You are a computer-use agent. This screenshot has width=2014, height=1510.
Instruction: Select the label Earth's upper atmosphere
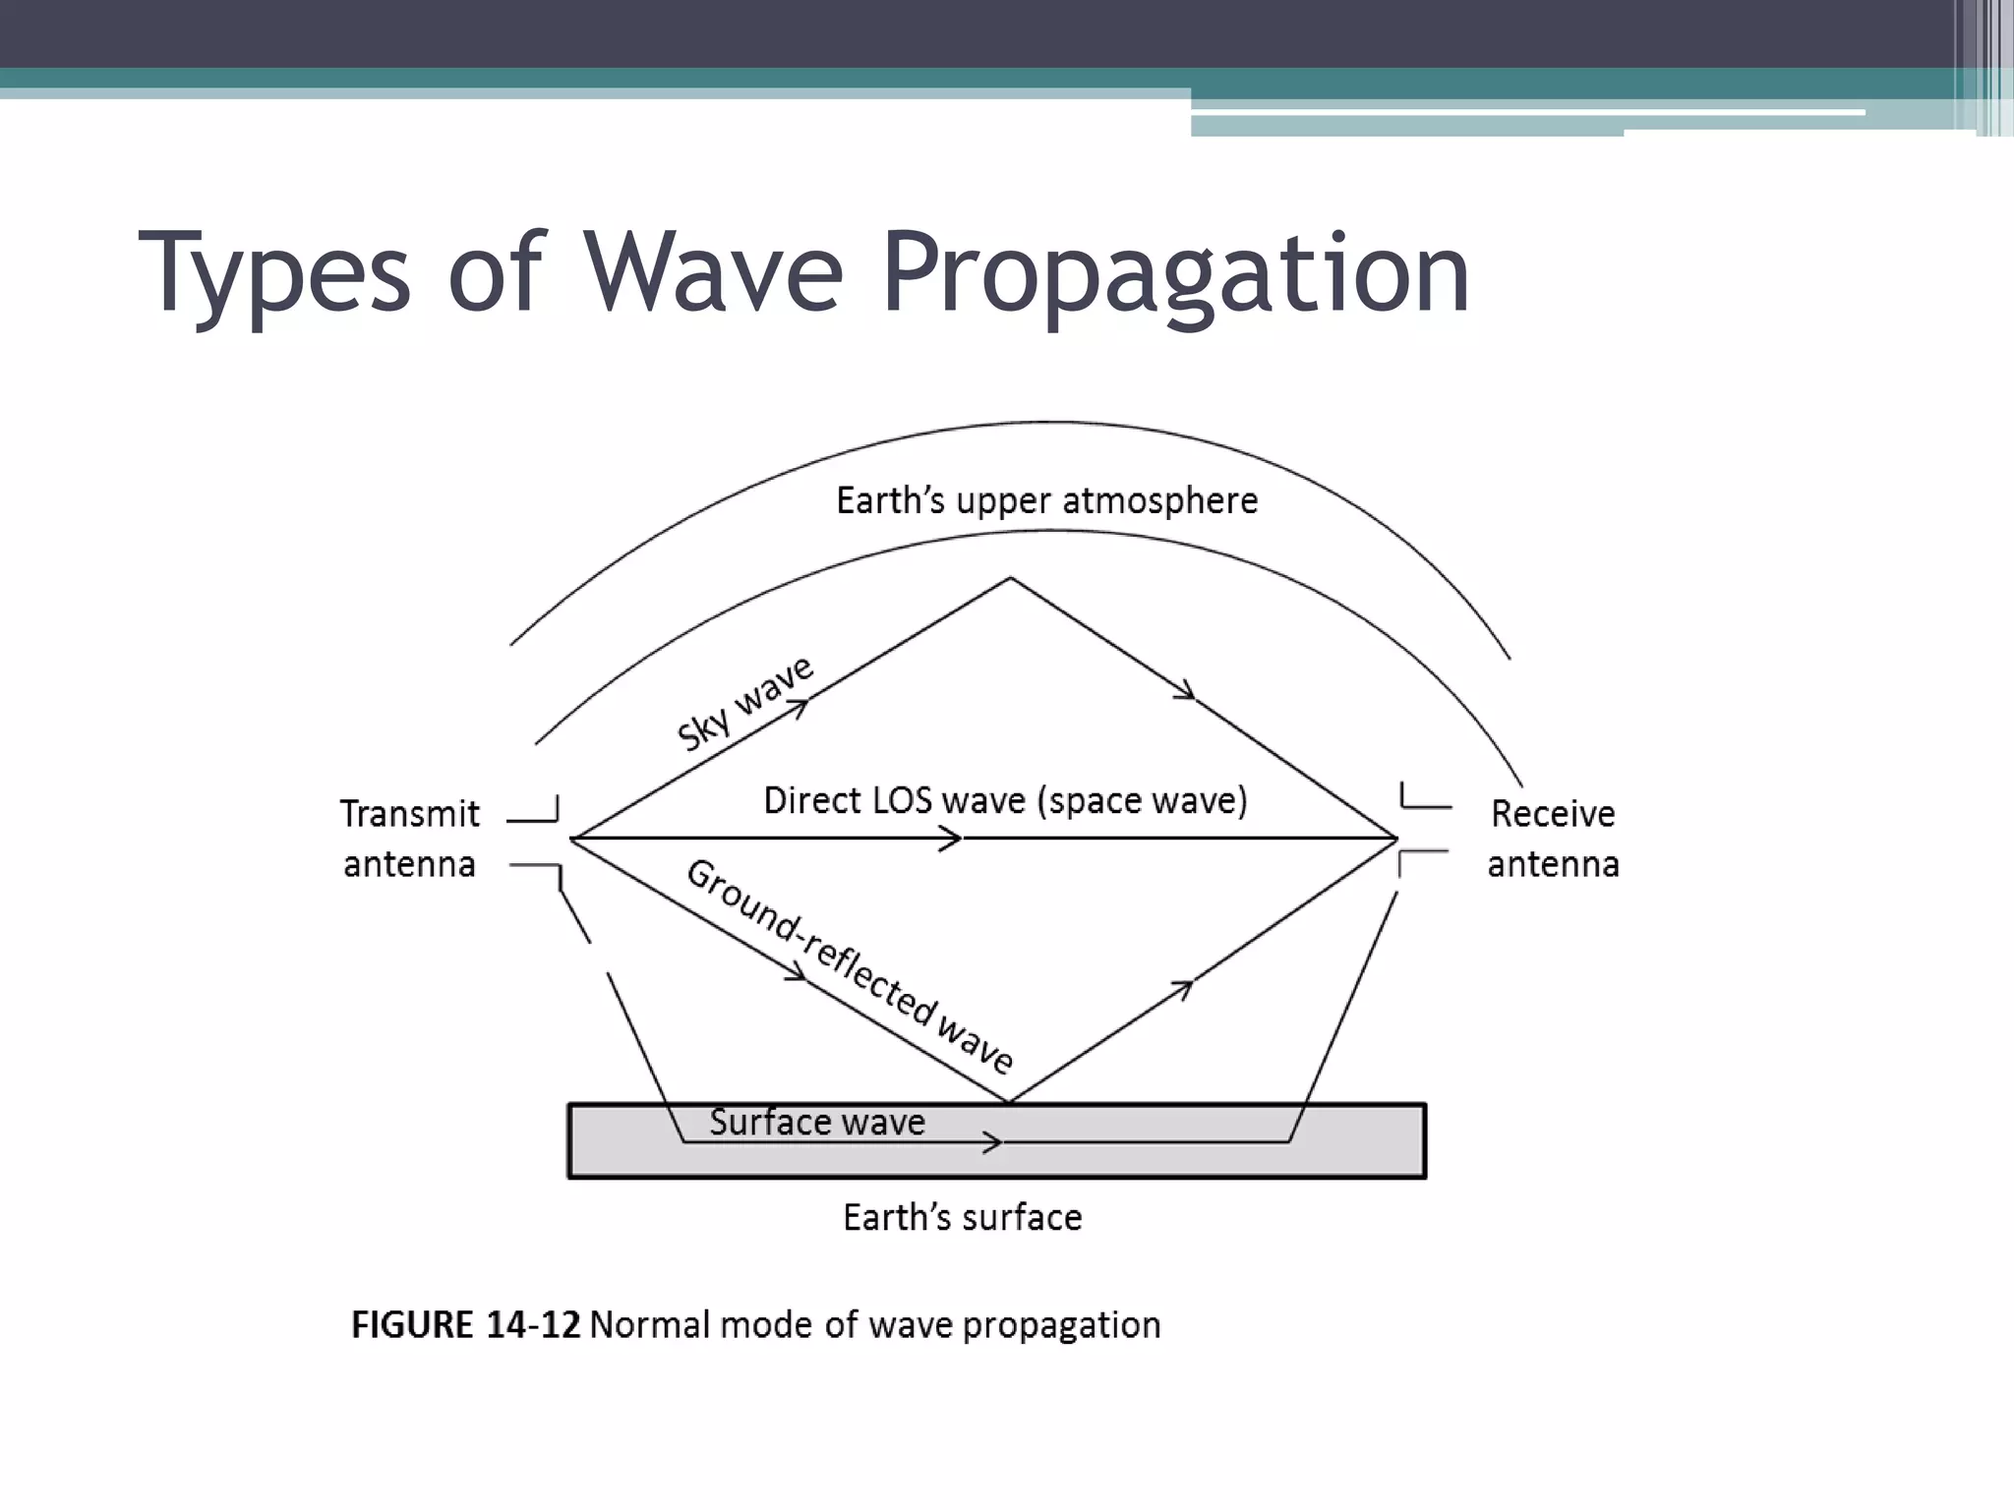pos(1046,501)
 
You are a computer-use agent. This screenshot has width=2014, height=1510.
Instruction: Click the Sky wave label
pos(744,703)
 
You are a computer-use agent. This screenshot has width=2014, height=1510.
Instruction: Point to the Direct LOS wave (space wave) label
pos(1005,801)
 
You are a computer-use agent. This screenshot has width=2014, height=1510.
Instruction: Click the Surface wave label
pos(817,1123)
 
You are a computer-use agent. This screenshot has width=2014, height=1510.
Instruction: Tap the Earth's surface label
pos(962,1218)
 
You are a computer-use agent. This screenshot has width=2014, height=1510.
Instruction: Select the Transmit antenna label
pos(410,839)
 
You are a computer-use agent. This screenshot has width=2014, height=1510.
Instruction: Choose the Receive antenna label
pos(1553,839)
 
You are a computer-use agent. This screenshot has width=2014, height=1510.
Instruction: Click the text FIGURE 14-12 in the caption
pos(466,1325)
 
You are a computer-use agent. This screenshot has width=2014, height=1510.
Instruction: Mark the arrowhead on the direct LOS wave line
pos(952,839)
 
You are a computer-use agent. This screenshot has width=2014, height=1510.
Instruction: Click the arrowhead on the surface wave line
pos(993,1142)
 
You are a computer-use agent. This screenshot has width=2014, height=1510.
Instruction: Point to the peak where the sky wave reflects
pos(1010,578)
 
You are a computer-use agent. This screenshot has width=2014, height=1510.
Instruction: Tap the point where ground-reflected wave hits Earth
pos(1010,1102)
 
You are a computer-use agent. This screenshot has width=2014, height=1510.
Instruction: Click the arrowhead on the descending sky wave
pos(1186,692)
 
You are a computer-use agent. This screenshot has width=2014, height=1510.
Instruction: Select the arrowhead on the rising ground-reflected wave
pos(1183,987)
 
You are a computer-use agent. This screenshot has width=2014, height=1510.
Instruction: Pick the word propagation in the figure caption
pos(1061,1326)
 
